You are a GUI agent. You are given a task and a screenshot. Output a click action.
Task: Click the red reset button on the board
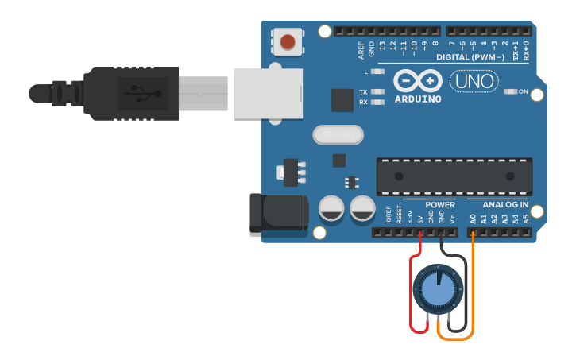(x=288, y=41)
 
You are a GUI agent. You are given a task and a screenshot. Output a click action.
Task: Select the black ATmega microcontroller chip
(x=454, y=176)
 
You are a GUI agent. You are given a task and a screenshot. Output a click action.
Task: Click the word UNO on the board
(x=474, y=81)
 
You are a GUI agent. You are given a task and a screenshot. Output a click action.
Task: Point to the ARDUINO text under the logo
(x=417, y=99)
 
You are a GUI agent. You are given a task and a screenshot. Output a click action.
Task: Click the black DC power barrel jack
(x=277, y=213)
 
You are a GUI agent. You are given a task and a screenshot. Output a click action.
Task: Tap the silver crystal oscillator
(x=338, y=135)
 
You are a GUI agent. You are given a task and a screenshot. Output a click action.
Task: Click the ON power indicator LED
(x=510, y=91)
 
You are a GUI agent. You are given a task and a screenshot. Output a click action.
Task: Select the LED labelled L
(x=378, y=72)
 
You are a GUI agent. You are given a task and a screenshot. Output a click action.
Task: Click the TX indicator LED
(x=378, y=92)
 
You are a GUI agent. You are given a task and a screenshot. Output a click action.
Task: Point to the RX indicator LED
(x=378, y=102)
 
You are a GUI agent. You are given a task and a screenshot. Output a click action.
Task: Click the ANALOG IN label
(x=505, y=205)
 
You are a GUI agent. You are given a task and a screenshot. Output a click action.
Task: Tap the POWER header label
(x=440, y=205)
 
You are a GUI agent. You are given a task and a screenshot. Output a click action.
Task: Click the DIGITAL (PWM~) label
(x=470, y=58)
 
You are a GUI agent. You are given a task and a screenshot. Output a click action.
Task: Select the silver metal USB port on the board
(x=269, y=94)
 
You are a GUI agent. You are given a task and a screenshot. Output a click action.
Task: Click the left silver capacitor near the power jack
(x=331, y=209)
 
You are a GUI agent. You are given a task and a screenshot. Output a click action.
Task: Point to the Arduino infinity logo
(x=417, y=81)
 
